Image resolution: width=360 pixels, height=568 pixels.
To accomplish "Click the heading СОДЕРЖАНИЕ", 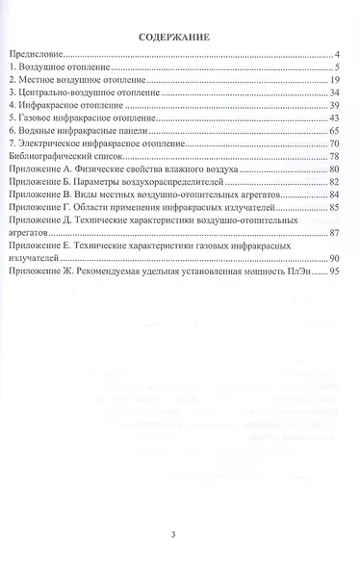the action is pyautogui.click(x=178, y=39).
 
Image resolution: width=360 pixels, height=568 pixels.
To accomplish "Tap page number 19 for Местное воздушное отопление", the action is pyautogui.click(x=338, y=81).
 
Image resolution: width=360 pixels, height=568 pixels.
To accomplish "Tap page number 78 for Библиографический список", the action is pyautogui.click(x=338, y=155).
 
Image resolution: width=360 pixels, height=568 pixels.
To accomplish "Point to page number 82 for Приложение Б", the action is pyautogui.click(x=338, y=180).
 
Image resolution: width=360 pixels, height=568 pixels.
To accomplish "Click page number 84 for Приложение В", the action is pyautogui.click(x=338, y=193).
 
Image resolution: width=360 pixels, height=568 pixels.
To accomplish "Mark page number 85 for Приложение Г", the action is pyautogui.click(x=338, y=205).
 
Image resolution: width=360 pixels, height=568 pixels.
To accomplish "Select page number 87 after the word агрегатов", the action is pyautogui.click(x=338, y=233).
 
